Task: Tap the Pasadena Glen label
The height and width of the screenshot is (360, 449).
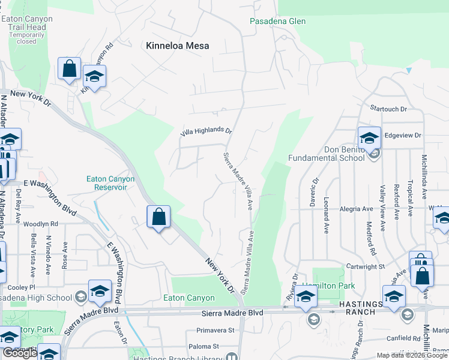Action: [278, 22]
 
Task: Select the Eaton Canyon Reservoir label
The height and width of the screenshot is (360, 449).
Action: [110, 183]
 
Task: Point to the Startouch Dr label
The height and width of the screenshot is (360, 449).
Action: [388, 109]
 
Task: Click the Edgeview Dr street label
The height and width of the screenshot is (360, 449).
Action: [403, 136]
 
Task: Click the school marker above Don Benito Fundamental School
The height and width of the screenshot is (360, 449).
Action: [369, 137]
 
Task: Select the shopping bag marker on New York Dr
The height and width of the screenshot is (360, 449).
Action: [158, 217]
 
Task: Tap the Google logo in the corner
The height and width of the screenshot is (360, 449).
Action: [19, 353]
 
